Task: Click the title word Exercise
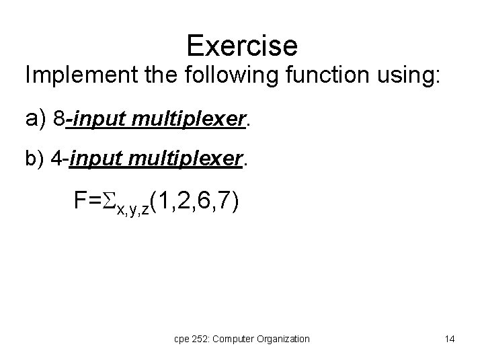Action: coord(242,46)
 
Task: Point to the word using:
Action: coord(407,76)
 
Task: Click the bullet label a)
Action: coord(35,119)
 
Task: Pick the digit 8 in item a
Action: coord(59,119)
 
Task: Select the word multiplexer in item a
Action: coord(194,120)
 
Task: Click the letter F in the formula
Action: coord(81,202)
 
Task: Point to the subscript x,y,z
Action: coord(132,210)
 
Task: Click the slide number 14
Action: coord(450,339)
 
